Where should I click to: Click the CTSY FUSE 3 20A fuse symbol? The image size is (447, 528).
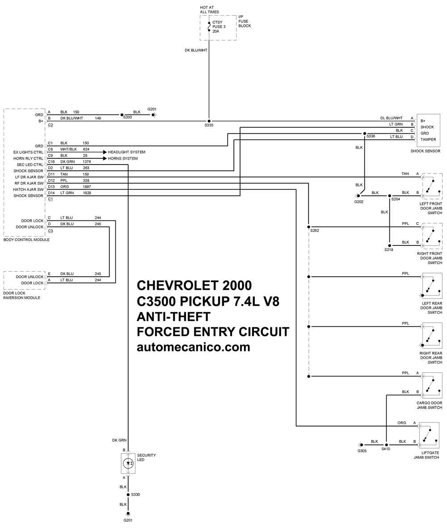coord(209,27)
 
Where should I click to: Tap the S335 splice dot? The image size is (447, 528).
coord(209,121)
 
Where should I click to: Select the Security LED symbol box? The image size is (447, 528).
coord(128,464)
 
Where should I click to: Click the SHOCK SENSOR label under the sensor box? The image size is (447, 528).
coord(425,151)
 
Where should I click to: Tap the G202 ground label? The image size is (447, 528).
coord(359,202)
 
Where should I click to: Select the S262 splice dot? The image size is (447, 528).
coord(309,227)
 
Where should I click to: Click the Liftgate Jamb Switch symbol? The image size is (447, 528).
coord(429,435)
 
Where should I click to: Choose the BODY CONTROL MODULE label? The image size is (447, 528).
coord(26,240)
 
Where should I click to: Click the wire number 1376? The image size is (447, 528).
coord(87,162)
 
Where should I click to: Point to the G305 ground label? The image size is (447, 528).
coord(362,451)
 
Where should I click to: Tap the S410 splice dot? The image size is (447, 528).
coord(386,445)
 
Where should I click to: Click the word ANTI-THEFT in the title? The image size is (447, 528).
coord(174,317)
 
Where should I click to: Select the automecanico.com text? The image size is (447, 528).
coord(194,347)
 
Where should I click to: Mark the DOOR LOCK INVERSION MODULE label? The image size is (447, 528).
coord(21,296)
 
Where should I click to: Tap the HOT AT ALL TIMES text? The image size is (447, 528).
coord(209,9)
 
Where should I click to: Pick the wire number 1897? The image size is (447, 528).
coord(87,186)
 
